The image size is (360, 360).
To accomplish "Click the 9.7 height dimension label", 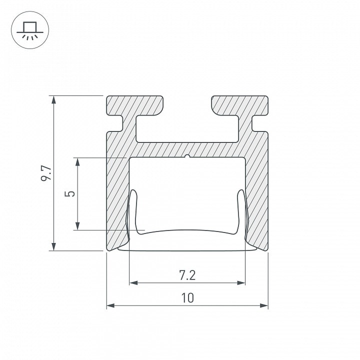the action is [46, 173].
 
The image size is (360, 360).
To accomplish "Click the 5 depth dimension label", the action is [70, 193].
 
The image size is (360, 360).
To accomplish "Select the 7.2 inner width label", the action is [187, 275].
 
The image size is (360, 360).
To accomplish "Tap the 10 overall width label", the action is [187, 298].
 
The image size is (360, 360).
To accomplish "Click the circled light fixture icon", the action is [30, 30].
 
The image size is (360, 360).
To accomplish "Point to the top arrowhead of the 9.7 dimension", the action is [53, 100].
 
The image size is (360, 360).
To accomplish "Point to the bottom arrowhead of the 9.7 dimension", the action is [53, 246].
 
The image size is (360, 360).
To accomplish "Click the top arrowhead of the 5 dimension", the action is [77, 162].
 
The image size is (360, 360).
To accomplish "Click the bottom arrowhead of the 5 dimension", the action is [77, 225].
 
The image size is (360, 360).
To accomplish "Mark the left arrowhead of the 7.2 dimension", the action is [133, 282].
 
